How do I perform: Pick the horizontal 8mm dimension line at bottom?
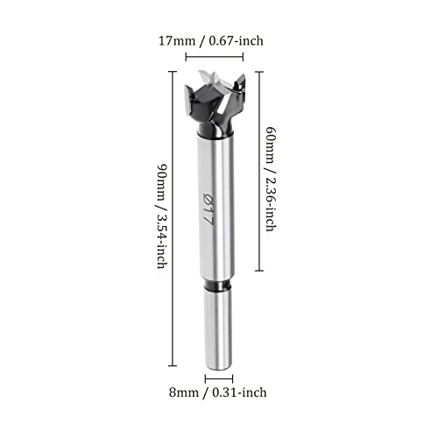pyautogui.click(x=219, y=378)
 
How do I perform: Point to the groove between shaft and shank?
pyautogui.click(x=219, y=286)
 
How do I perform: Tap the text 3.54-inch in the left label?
pyautogui.click(x=163, y=240)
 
